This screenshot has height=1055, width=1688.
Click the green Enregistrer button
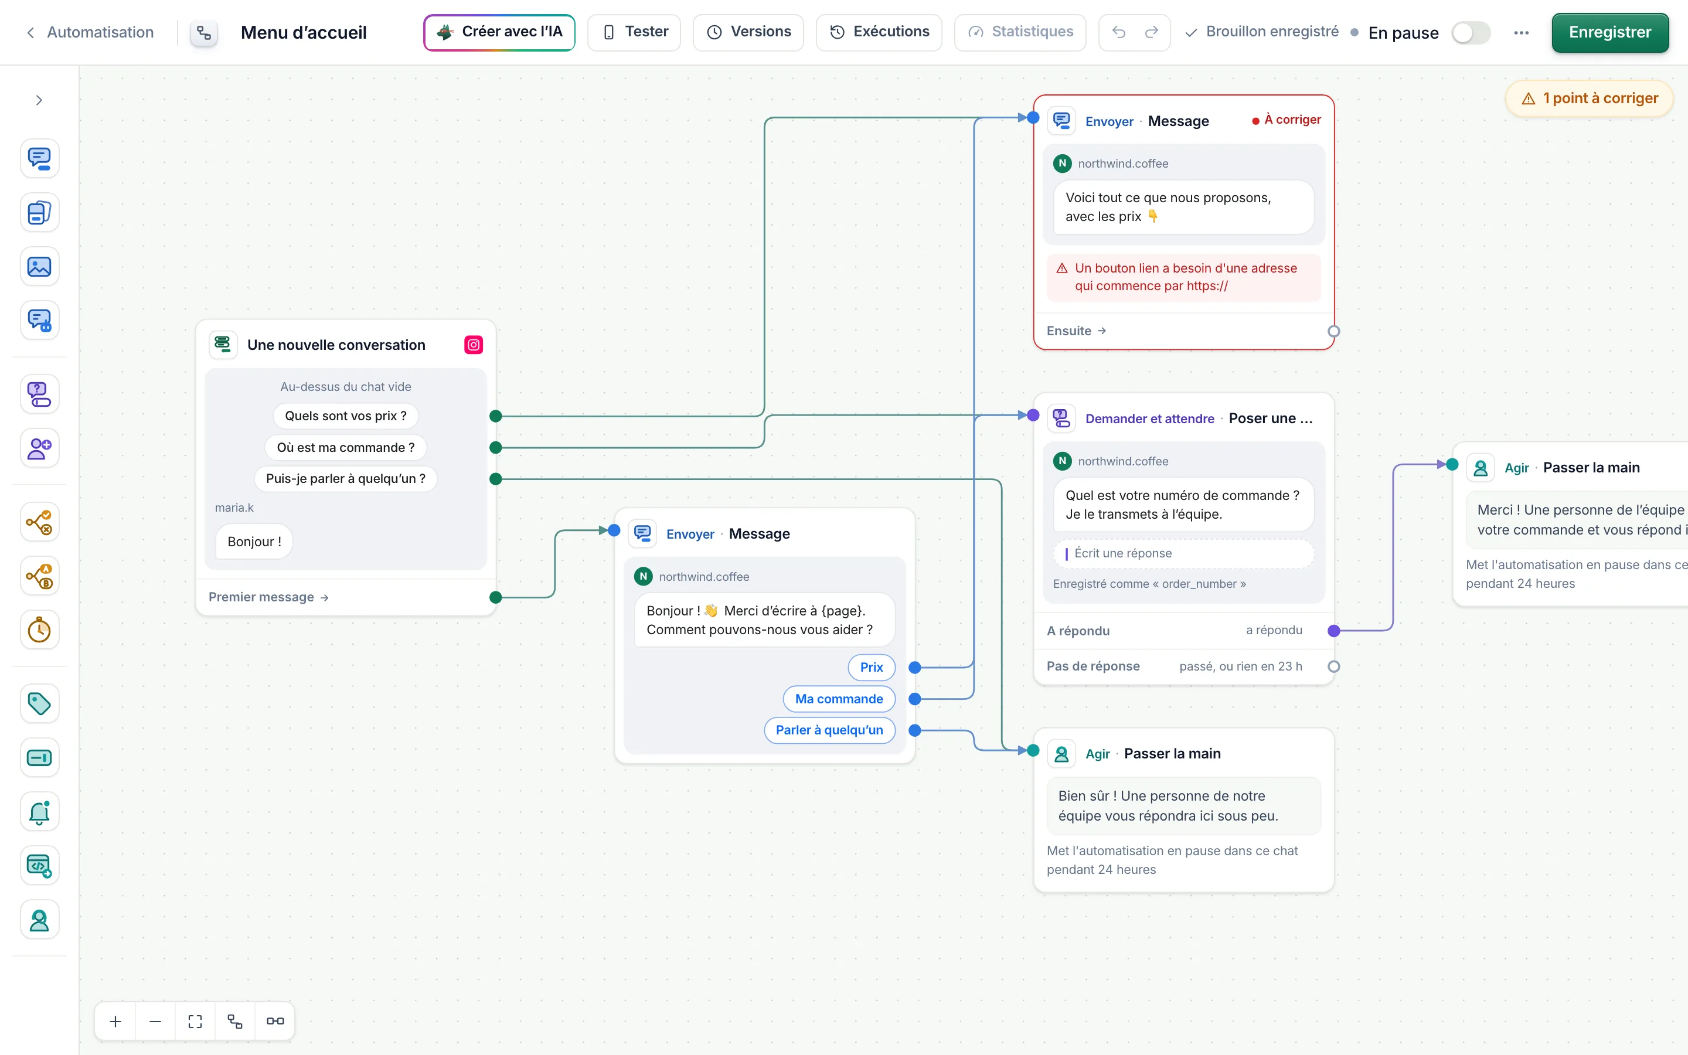[1610, 32]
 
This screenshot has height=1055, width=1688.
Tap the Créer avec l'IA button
[499, 32]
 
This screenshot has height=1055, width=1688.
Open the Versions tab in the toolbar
[748, 32]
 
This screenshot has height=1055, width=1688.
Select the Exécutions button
[879, 32]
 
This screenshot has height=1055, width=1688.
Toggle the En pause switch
[1471, 33]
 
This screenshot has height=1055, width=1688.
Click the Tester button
[634, 32]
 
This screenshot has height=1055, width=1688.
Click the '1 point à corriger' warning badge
[1590, 98]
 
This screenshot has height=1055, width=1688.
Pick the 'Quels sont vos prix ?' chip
[345, 416]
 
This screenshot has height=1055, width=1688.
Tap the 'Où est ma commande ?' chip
[345, 447]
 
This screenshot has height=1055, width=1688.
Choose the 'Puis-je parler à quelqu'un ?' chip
[345, 479]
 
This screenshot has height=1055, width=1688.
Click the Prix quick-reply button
[871, 667]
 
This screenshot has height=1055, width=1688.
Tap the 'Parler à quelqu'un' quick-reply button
[829, 730]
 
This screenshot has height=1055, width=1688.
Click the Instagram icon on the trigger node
[474, 345]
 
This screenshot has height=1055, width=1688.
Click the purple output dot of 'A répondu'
[1333, 631]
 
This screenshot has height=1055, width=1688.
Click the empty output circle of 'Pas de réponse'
[1333, 666]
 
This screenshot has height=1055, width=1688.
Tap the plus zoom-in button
[116, 1021]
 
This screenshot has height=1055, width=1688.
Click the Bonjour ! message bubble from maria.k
[254, 542]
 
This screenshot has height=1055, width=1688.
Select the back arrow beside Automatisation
[30, 33]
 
